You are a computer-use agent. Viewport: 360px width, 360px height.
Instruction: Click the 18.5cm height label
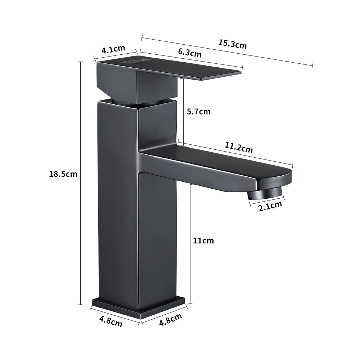(63, 174)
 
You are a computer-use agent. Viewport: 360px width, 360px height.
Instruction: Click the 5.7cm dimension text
(198, 112)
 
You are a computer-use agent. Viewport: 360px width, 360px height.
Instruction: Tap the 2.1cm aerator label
(270, 206)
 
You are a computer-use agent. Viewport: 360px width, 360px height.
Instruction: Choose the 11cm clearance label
(203, 240)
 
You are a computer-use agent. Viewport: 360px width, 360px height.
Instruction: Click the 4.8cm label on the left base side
(111, 321)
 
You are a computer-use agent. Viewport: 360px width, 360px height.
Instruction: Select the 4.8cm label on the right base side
(170, 320)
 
